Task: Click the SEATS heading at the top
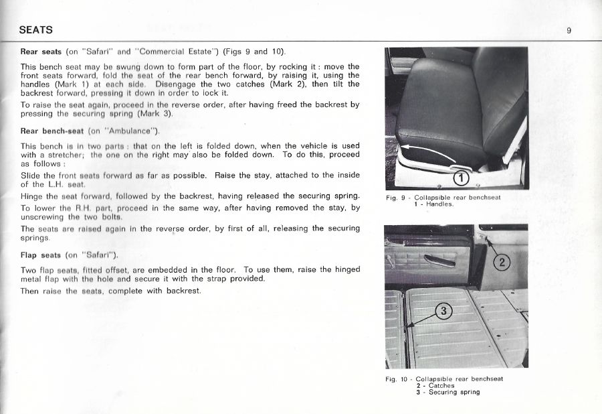tap(36, 30)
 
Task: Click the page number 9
tap(568, 30)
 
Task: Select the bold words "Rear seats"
tap(41, 52)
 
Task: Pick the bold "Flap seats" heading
tap(41, 255)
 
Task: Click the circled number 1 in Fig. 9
tap(462, 178)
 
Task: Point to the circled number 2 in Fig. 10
tap(500, 263)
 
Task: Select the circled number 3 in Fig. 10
tap(445, 310)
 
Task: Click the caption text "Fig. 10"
tap(398, 379)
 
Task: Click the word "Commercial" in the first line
tap(159, 52)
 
